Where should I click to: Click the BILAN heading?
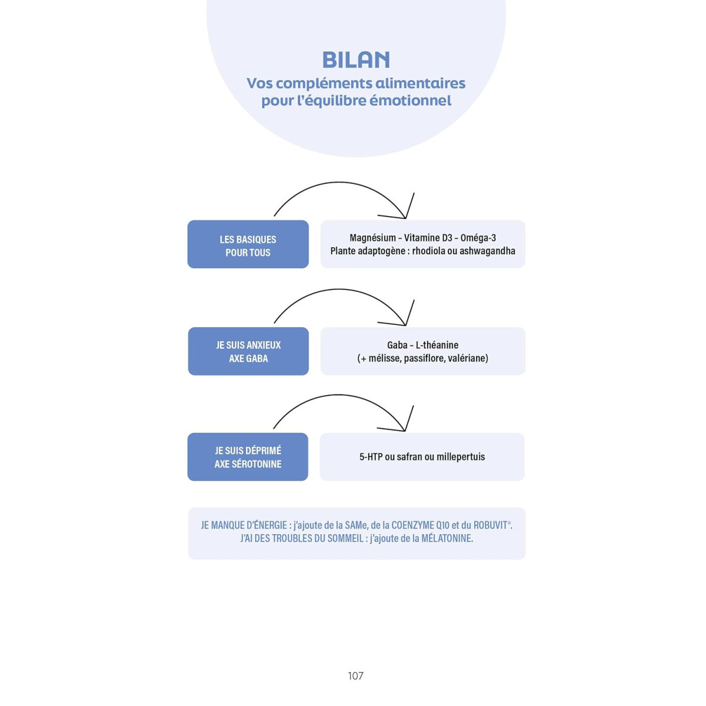356,60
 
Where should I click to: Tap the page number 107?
355,676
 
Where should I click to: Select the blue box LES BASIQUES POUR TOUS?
248,245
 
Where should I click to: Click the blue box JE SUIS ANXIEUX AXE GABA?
248,351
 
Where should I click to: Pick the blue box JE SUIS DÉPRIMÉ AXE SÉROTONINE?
248,457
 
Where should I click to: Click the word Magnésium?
372,238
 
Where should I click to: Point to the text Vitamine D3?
428,238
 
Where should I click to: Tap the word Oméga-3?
478,238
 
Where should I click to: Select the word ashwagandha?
487,251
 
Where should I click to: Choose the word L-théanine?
437,345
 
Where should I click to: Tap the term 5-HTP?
371,457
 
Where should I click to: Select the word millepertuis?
461,457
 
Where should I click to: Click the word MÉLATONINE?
447,538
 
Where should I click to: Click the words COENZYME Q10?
420,525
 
